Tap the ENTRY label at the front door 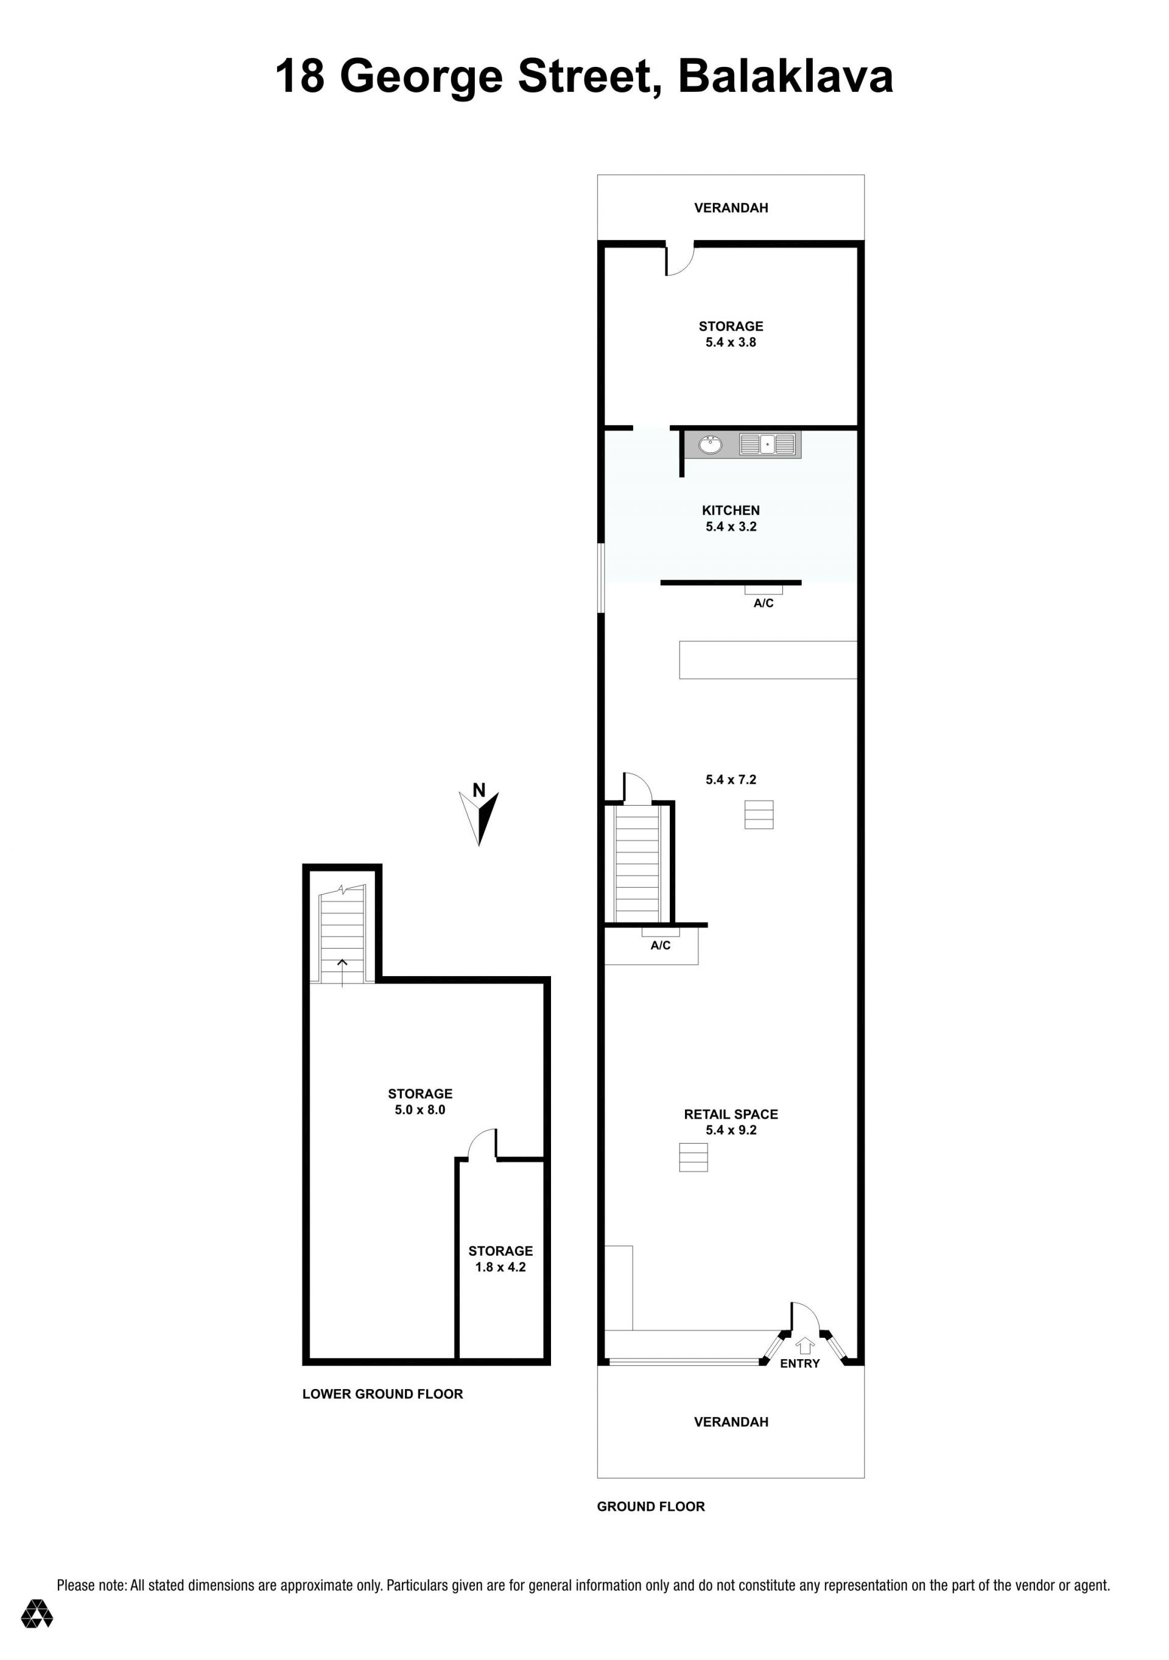click(x=799, y=1363)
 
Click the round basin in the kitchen click(x=710, y=445)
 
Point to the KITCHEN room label click(x=731, y=510)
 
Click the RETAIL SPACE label click(x=731, y=1114)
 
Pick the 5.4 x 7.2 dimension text click(x=731, y=779)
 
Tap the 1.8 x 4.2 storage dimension click(x=500, y=1267)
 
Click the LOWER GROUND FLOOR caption click(x=382, y=1394)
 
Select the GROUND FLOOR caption click(x=651, y=1507)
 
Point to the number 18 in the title click(x=300, y=77)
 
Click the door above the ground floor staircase click(x=637, y=788)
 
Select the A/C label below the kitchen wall click(x=764, y=603)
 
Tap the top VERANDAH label click(x=731, y=208)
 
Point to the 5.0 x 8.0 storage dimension click(x=420, y=1110)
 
